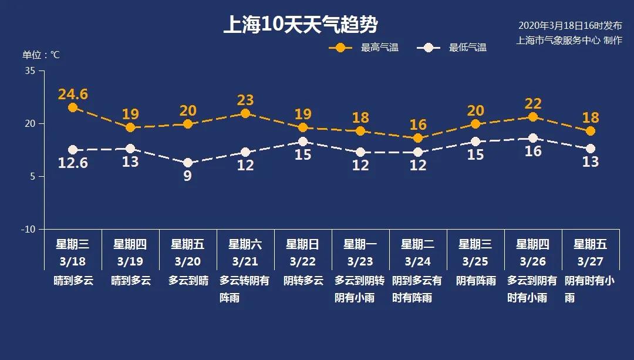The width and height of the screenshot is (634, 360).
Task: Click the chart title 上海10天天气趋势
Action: click(x=300, y=25)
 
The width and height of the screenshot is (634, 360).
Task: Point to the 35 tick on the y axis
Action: click(x=31, y=71)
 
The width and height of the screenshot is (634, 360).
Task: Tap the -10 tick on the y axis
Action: click(x=29, y=229)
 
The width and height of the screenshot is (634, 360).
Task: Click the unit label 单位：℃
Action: click(x=41, y=55)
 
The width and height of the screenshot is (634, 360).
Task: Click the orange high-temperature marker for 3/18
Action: click(x=73, y=107)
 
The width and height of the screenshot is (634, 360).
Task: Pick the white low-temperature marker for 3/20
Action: click(x=188, y=163)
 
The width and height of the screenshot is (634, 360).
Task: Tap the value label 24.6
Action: click(x=73, y=94)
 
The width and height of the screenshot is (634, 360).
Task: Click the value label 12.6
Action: click(x=73, y=163)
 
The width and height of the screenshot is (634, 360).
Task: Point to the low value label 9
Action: click(x=188, y=176)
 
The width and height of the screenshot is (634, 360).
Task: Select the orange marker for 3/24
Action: click(x=418, y=138)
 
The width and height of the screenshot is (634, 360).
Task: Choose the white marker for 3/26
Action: click(x=533, y=138)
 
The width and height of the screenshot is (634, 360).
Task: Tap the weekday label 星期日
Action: click(x=303, y=244)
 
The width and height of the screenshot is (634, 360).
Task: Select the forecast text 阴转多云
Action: click(x=303, y=281)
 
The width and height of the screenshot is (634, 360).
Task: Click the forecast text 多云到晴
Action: click(x=188, y=281)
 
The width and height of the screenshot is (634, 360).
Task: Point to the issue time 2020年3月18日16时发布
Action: click(x=569, y=26)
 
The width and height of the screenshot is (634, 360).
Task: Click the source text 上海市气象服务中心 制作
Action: click(x=569, y=41)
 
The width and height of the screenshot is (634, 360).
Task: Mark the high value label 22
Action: click(x=533, y=103)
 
